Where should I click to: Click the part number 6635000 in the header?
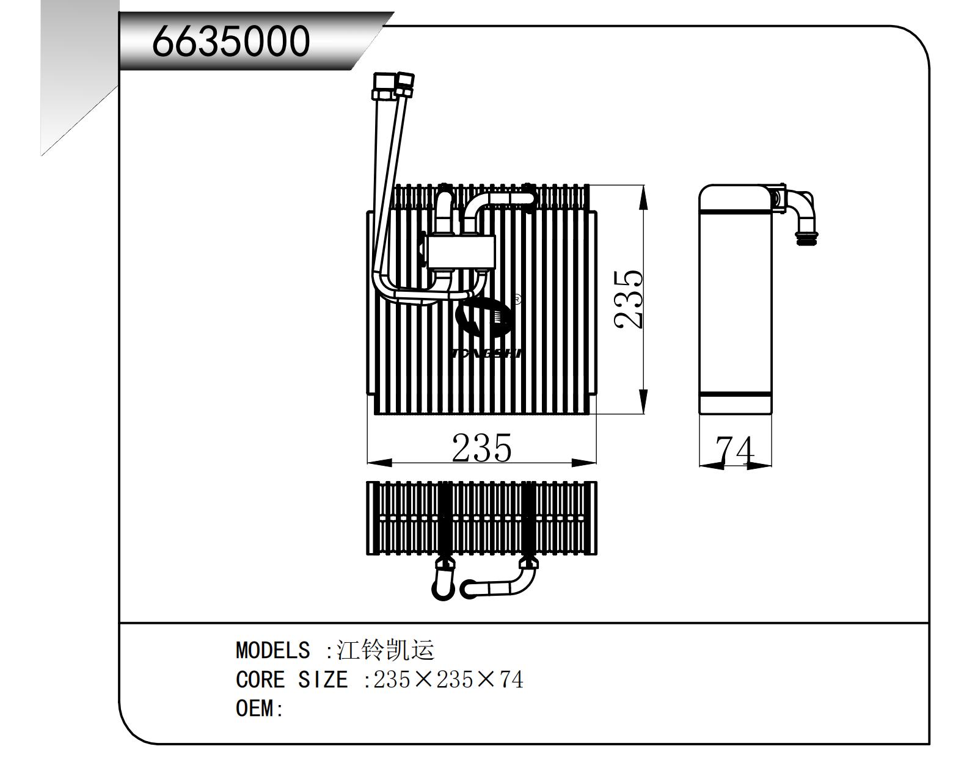(231, 42)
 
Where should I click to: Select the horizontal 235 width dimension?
(481, 449)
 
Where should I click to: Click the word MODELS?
(272, 650)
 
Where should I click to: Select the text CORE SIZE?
(291, 679)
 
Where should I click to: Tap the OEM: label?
(259, 709)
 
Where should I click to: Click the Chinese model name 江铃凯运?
(386, 650)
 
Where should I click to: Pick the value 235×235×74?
(448, 679)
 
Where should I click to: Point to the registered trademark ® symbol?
(517, 299)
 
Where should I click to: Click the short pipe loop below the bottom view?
(444, 580)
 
